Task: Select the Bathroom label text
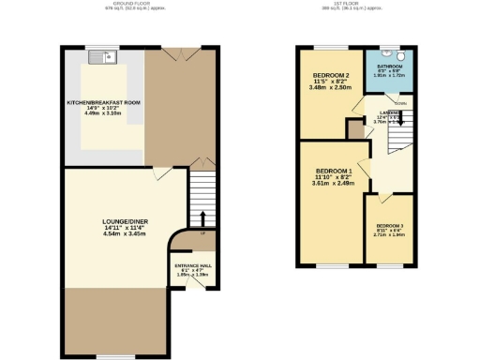[x=389, y=67]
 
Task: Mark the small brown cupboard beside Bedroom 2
[x=355, y=128]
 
